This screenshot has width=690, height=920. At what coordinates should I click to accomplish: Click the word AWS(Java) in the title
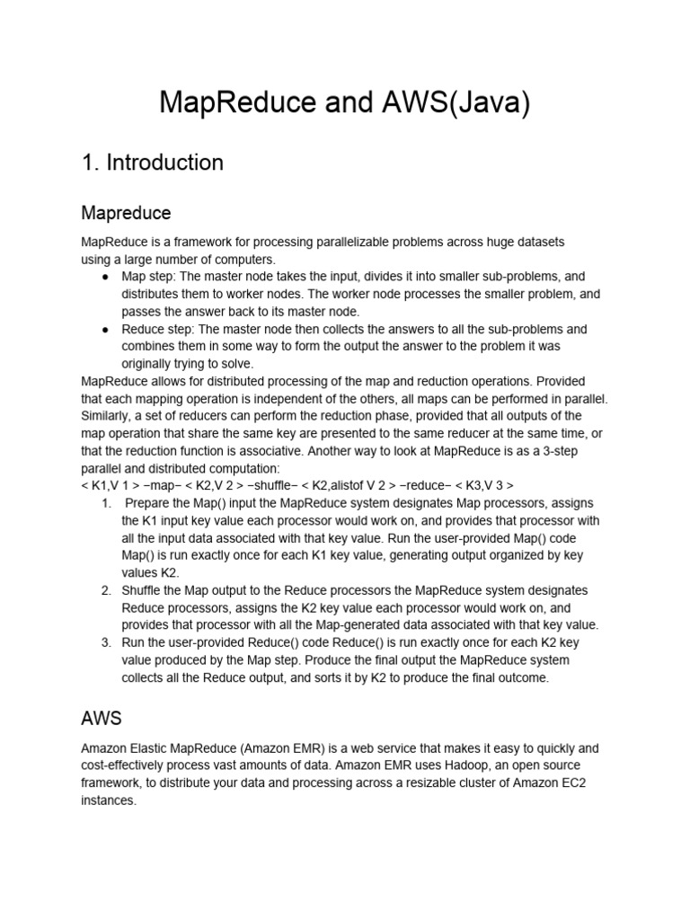coord(451,103)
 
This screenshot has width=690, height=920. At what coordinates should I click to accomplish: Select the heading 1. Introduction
coord(152,163)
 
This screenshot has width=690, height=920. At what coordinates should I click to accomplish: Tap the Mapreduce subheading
coord(126,213)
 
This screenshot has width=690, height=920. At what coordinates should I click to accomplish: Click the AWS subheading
coord(101,719)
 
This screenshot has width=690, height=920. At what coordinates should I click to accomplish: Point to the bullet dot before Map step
coord(107,277)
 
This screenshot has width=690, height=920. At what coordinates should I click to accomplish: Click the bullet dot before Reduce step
coord(107,330)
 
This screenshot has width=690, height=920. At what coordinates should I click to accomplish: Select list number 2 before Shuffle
coord(106,590)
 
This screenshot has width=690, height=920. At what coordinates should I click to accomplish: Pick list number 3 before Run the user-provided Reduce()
coord(106,643)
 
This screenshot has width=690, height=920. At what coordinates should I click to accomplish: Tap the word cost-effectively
coord(127,765)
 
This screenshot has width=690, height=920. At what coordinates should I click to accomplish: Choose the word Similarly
coord(108,416)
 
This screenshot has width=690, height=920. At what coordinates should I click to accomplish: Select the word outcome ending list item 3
coord(522,678)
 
